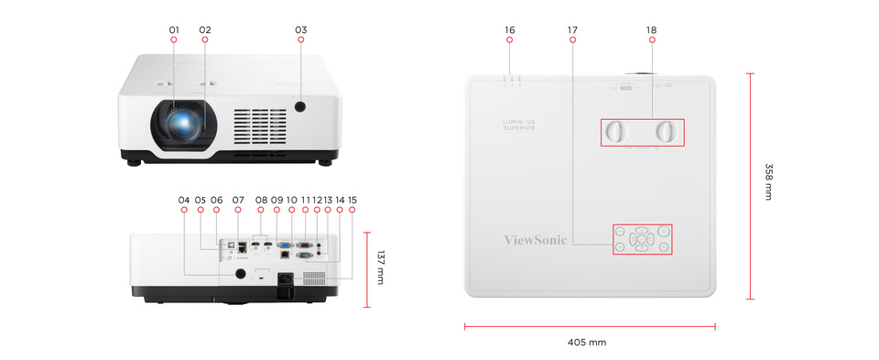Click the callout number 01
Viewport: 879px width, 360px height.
(174, 30)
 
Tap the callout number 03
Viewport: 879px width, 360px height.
(300, 30)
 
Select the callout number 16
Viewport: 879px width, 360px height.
(509, 30)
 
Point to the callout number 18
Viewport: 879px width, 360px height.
(651, 30)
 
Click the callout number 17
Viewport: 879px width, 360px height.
(572, 30)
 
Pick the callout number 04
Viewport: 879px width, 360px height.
(184, 200)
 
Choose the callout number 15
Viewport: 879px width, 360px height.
(353, 200)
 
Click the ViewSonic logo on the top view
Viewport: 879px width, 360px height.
(536, 240)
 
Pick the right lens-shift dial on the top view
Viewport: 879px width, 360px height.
(669, 131)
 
